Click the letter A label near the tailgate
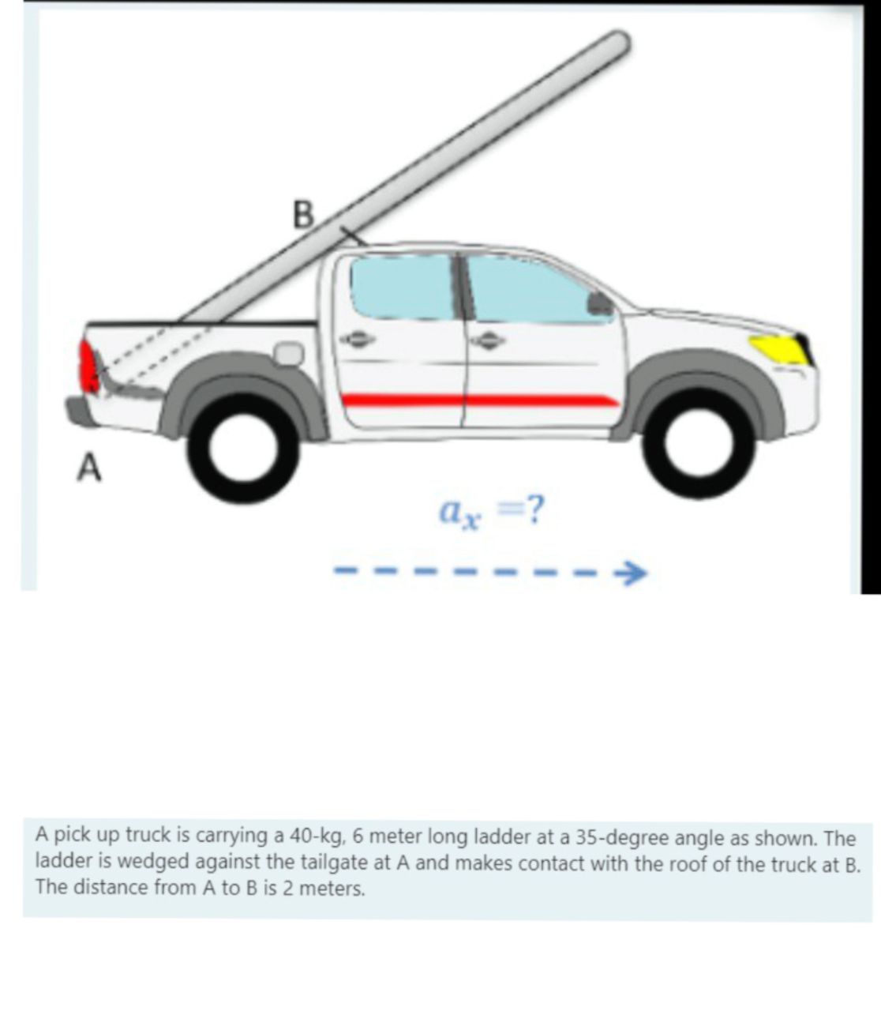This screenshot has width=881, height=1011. pyautogui.click(x=89, y=468)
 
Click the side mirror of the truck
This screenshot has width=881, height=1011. pyautogui.click(x=600, y=303)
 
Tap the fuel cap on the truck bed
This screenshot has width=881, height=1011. pyautogui.click(x=289, y=352)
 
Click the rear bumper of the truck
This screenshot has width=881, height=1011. pyautogui.click(x=78, y=412)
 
